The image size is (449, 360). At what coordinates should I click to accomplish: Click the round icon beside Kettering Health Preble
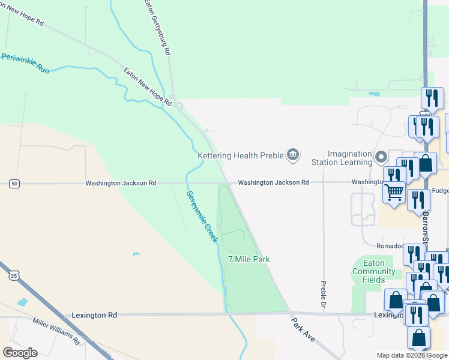coord(293,155)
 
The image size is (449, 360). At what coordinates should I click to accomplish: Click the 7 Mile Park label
coord(249,259)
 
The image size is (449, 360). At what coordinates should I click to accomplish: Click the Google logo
coord(20,352)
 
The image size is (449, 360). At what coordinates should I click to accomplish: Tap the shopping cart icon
coord(394,193)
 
